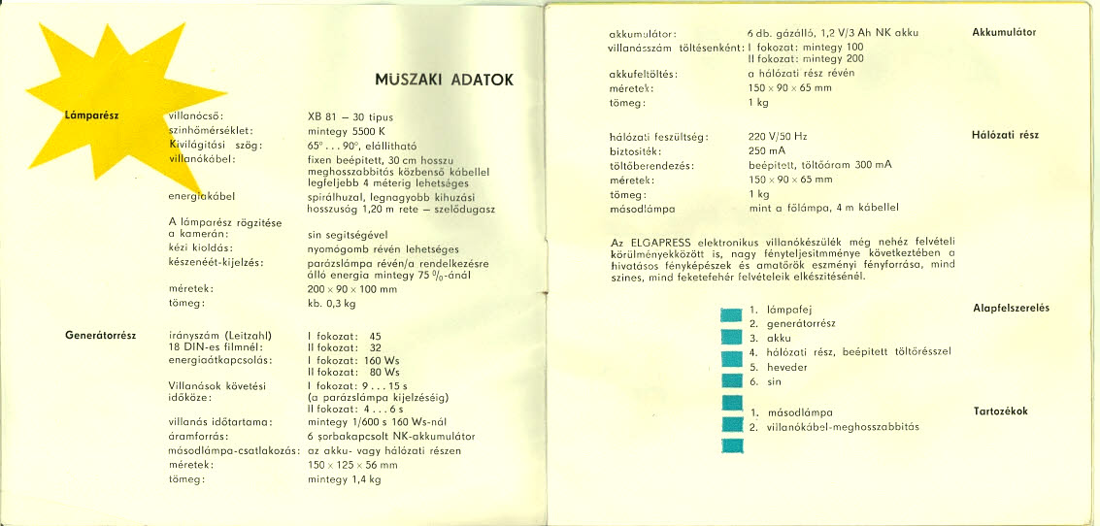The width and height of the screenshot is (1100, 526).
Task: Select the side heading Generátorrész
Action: (x=101, y=336)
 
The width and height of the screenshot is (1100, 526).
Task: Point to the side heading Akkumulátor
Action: (x=1004, y=32)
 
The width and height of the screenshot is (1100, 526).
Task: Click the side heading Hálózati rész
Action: (x=1005, y=136)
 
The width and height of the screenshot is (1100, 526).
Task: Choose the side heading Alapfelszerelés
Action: (x=1011, y=309)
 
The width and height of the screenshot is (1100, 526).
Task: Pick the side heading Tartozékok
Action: (x=1000, y=411)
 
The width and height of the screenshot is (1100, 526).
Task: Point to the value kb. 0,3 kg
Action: (x=332, y=304)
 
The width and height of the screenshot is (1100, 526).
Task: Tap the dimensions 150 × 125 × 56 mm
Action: (x=352, y=465)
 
